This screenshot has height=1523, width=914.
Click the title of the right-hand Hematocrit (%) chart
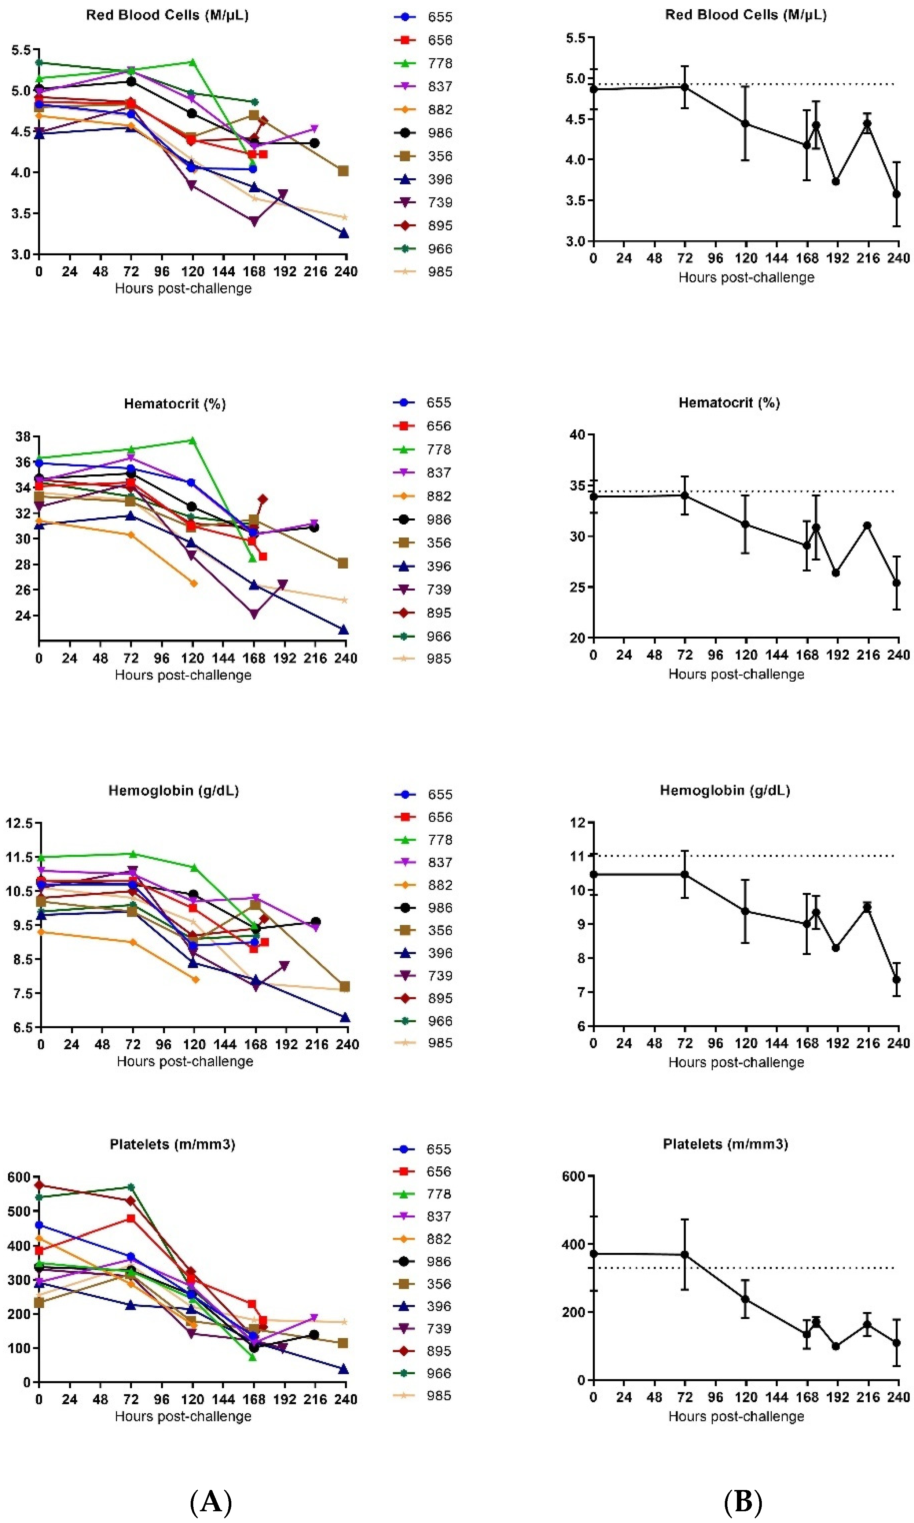click(x=729, y=402)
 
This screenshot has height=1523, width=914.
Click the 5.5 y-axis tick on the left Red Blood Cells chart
click(x=22, y=50)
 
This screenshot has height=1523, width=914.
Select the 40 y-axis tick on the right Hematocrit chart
click(x=577, y=434)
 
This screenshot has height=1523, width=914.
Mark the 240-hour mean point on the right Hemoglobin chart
click(x=897, y=979)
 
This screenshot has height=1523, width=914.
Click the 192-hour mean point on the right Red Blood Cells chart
click(x=836, y=181)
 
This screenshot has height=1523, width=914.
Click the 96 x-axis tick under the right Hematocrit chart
click(x=715, y=655)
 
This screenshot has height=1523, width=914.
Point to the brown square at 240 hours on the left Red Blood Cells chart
click(x=344, y=171)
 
